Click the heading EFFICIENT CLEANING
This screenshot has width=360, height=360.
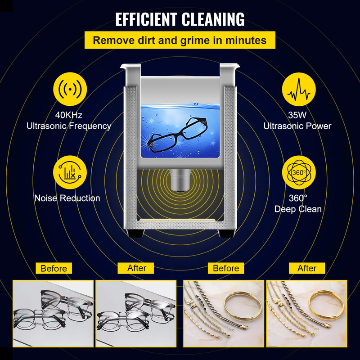coord(180,19)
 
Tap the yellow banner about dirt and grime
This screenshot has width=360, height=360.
coord(180,40)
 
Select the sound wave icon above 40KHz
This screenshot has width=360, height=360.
coord(70,89)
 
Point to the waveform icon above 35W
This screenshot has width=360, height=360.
coord(298,89)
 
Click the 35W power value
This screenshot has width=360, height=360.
coord(297,115)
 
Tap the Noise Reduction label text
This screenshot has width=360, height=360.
coord(67,198)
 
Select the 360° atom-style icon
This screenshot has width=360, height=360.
coord(298,172)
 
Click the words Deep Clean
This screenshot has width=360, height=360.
coord(298,209)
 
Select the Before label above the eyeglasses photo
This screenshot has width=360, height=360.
coord(54,269)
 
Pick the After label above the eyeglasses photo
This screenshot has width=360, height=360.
coord(136,268)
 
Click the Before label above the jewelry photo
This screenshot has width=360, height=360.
coord(226,269)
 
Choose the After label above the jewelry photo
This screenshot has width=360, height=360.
coord(307,269)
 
